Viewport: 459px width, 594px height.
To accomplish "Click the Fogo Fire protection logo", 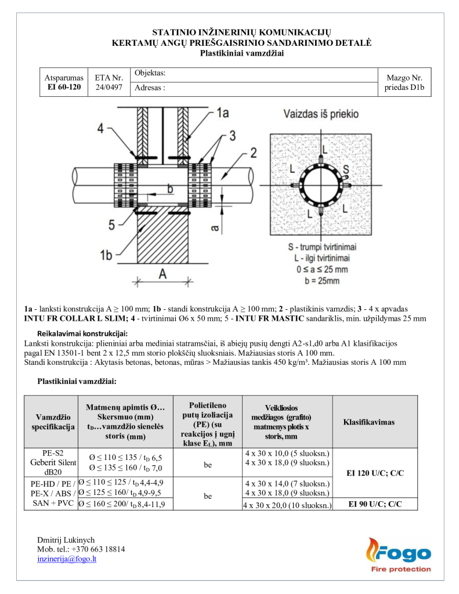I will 398,555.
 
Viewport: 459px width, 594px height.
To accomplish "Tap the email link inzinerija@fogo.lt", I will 67,559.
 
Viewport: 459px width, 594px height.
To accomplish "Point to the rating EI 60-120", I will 64,88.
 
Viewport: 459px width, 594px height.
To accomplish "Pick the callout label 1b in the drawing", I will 106,255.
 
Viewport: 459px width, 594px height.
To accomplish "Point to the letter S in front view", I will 346,170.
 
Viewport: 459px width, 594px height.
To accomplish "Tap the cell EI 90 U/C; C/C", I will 375,505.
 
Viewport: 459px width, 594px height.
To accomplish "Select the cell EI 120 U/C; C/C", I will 375,473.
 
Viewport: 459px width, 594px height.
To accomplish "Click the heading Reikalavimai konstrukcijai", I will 82,334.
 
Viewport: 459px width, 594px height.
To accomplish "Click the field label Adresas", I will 150,89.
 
